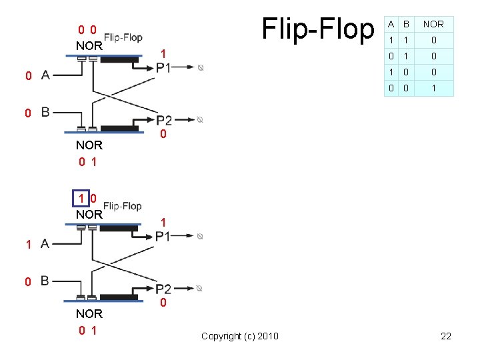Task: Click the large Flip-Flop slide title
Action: click(x=318, y=29)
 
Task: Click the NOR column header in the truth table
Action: click(x=433, y=24)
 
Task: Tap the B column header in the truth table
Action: click(x=405, y=24)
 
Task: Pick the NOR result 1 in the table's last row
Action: click(x=433, y=88)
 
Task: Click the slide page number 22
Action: click(x=446, y=336)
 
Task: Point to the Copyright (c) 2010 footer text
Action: click(x=240, y=336)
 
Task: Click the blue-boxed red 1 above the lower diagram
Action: click(x=81, y=198)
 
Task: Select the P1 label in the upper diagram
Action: click(x=163, y=67)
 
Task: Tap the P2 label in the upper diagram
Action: click(x=164, y=120)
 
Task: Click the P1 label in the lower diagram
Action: click(x=163, y=236)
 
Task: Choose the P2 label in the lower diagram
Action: click(x=164, y=289)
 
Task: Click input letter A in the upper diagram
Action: click(x=45, y=75)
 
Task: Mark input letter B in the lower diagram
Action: click(x=45, y=281)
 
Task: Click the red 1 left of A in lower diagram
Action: click(x=28, y=245)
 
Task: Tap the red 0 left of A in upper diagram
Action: click(x=28, y=76)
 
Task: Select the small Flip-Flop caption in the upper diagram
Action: click(x=123, y=37)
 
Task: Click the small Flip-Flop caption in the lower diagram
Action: click(x=123, y=206)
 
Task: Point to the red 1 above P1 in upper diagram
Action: click(x=163, y=53)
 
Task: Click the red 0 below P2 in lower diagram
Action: click(x=163, y=304)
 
